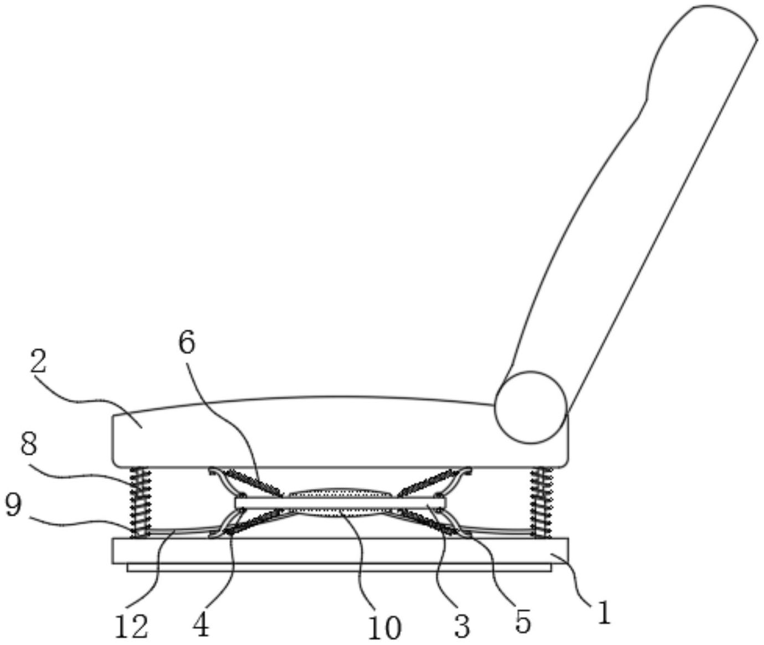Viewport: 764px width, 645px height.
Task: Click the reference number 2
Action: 38,360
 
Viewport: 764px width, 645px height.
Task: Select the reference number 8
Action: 28,445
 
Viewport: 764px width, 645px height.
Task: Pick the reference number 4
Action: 201,625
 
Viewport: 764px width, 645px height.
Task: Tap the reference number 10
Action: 384,627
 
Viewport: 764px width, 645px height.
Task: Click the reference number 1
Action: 604,611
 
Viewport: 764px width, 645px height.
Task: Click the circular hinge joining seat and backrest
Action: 531,407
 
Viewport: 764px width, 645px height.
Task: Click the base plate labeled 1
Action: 340,550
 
